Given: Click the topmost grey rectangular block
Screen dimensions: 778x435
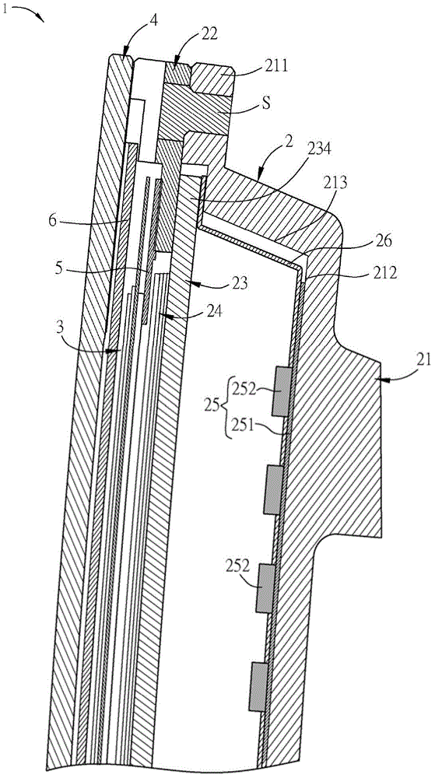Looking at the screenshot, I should tap(281, 392).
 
